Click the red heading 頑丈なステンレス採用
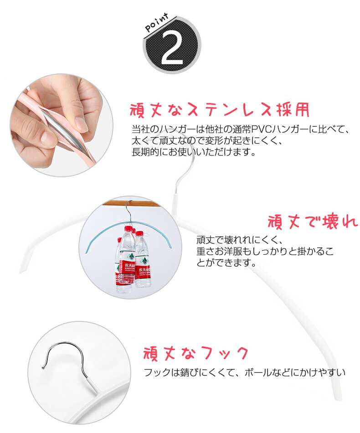(x=220, y=110)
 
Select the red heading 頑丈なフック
(x=196, y=353)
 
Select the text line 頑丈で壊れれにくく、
(x=240, y=240)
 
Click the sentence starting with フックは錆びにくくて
(x=244, y=372)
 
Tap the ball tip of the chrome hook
(x=43, y=367)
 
